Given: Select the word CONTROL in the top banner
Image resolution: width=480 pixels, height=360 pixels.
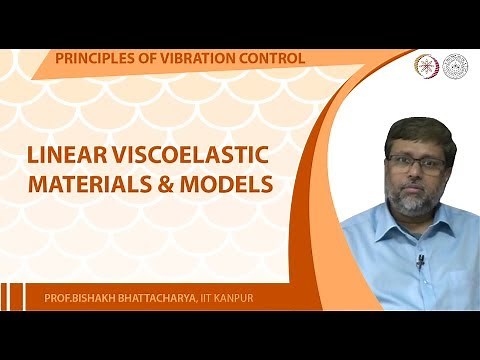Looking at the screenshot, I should click(x=271, y=58).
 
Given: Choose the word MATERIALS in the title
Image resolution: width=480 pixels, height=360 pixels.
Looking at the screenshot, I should click(x=101, y=186).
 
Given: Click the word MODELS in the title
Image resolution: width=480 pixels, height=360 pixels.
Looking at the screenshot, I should click(x=233, y=186).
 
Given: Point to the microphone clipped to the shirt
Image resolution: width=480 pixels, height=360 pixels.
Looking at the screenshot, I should click(x=420, y=262).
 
